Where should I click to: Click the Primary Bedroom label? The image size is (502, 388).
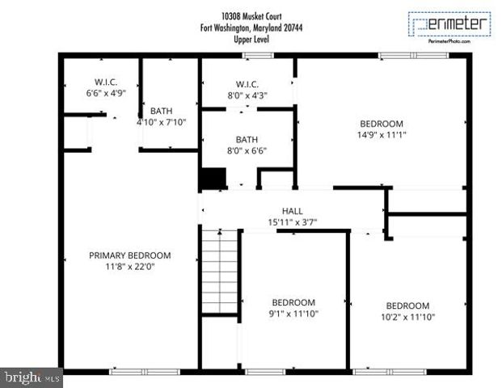pyautogui.click(x=129, y=255)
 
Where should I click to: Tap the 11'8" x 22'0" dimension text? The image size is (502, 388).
pyautogui.click(x=129, y=266)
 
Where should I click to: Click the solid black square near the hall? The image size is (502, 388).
pyautogui.click(x=213, y=179)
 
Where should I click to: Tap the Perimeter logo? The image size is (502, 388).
pyautogui.click(x=449, y=24)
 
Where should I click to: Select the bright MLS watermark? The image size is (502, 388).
pyautogui.click(x=32, y=377)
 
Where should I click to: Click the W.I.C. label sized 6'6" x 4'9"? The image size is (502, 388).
pyautogui.click(x=105, y=82)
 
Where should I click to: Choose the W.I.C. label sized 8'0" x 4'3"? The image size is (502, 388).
pyautogui.click(x=247, y=84)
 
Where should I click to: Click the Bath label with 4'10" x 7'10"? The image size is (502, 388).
pyautogui.click(x=162, y=112)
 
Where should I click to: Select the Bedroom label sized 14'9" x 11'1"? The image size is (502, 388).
pyautogui.click(x=381, y=124)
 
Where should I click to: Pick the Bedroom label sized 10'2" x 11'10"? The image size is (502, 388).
pyautogui.click(x=407, y=306)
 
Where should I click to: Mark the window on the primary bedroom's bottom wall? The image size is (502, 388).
pyautogui.click(x=133, y=371)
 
